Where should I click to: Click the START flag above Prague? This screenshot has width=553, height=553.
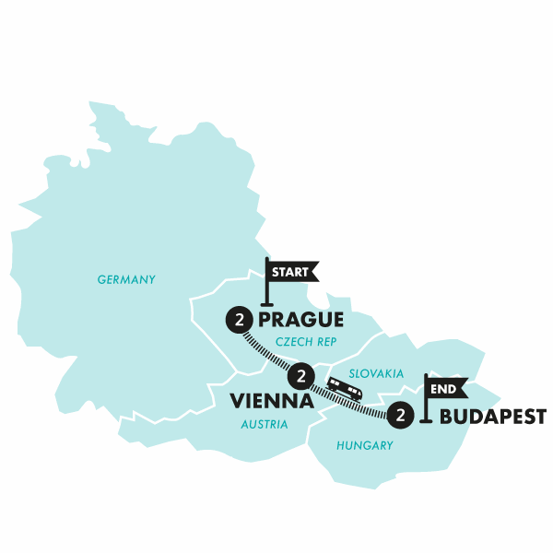click(x=291, y=271)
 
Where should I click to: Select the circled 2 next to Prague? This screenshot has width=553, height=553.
click(x=239, y=321)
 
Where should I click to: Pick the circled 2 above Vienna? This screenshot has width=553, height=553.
click(x=300, y=376)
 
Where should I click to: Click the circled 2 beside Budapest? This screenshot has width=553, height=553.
click(x=400, y=416)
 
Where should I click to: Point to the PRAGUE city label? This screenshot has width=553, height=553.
click(x=301, y=321)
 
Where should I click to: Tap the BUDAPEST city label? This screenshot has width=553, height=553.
click(x=493, y=416)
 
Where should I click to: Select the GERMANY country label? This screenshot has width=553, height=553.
click(x=127, y=279)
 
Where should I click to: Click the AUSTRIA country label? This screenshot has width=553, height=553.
click(x=265, y=425)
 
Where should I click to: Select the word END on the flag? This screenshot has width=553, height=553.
click(x=444, y=389)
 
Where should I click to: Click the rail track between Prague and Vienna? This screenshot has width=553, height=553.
click(x=268, y=350)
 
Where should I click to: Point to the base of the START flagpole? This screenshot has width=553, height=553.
click(x=267, y=303)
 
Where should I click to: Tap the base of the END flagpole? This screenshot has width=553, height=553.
click(x=425, y=421)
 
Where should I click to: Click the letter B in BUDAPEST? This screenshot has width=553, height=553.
click(x=447, y=416)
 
